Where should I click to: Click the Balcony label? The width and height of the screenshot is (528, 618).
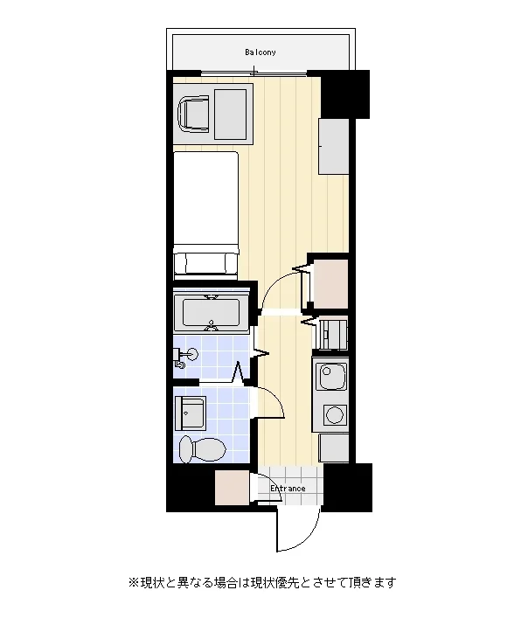pyautogui.click(x=260, y=52)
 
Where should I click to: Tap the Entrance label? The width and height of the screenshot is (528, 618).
pyautogui.click(x=288, y=489)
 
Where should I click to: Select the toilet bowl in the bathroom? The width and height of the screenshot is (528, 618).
pyautogui.click(x=202, y=449)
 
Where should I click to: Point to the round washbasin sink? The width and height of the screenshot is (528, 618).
pyautogui.click(x=192, y=354)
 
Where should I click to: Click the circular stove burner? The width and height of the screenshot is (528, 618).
pyautogui.click(x=335, y=414)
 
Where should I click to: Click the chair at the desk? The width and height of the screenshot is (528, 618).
pyautogui.click(x=193, y=114)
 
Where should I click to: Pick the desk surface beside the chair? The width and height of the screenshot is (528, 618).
pyautogui.click(x=231, y=115)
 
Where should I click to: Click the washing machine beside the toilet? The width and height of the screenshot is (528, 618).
pyautogui.click(x=191, y=413)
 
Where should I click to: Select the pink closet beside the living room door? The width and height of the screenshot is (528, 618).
pyautogui.click(x=330, y=284)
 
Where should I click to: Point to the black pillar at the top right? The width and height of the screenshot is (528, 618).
pyautogui.click(x=345, y=94)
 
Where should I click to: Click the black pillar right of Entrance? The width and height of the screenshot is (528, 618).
pyautogui.click(x=348, y=488)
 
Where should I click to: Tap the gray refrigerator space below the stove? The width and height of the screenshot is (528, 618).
pyautogui.click(x=334, y=448)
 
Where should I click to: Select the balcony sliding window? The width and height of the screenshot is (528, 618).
pyautogui.click(x=254, y=73)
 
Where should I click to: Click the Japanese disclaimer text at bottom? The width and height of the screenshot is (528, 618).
pyautogui.click(x=262, y=582)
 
